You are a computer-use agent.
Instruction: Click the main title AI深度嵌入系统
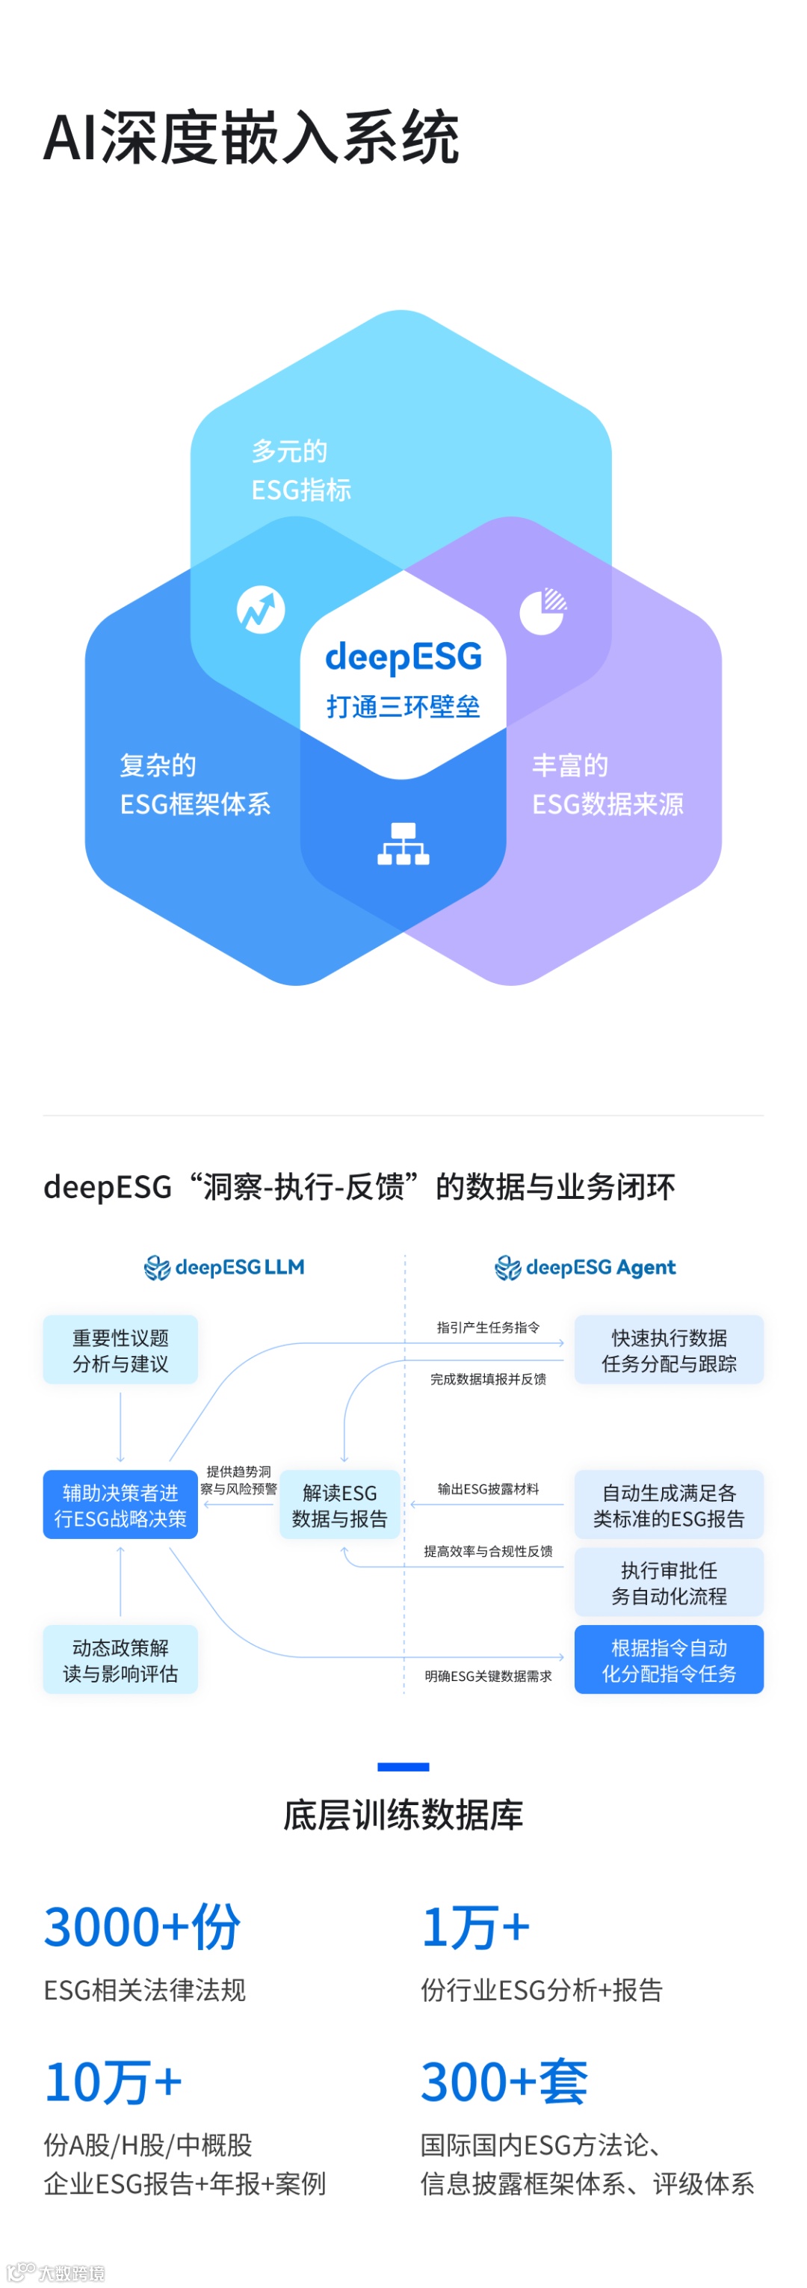251,138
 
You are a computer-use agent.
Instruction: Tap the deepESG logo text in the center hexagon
403,657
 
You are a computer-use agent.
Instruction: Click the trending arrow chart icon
260,609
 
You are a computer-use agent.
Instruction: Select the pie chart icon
542,610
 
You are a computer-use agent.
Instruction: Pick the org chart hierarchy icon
403,844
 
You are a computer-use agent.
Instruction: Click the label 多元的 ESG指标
300,470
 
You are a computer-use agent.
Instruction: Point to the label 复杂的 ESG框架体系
194,784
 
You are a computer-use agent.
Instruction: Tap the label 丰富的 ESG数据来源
607,784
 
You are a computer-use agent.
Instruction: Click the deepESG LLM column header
225,1268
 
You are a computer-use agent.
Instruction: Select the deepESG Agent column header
586,1268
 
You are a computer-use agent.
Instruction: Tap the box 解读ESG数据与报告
340,1505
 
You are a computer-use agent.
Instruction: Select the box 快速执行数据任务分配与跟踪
669,1350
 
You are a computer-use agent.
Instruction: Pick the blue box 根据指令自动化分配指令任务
669,1660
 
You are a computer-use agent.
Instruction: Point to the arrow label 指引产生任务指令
487,1328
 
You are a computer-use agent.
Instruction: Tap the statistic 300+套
504,2082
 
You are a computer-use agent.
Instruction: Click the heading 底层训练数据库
403,1815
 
